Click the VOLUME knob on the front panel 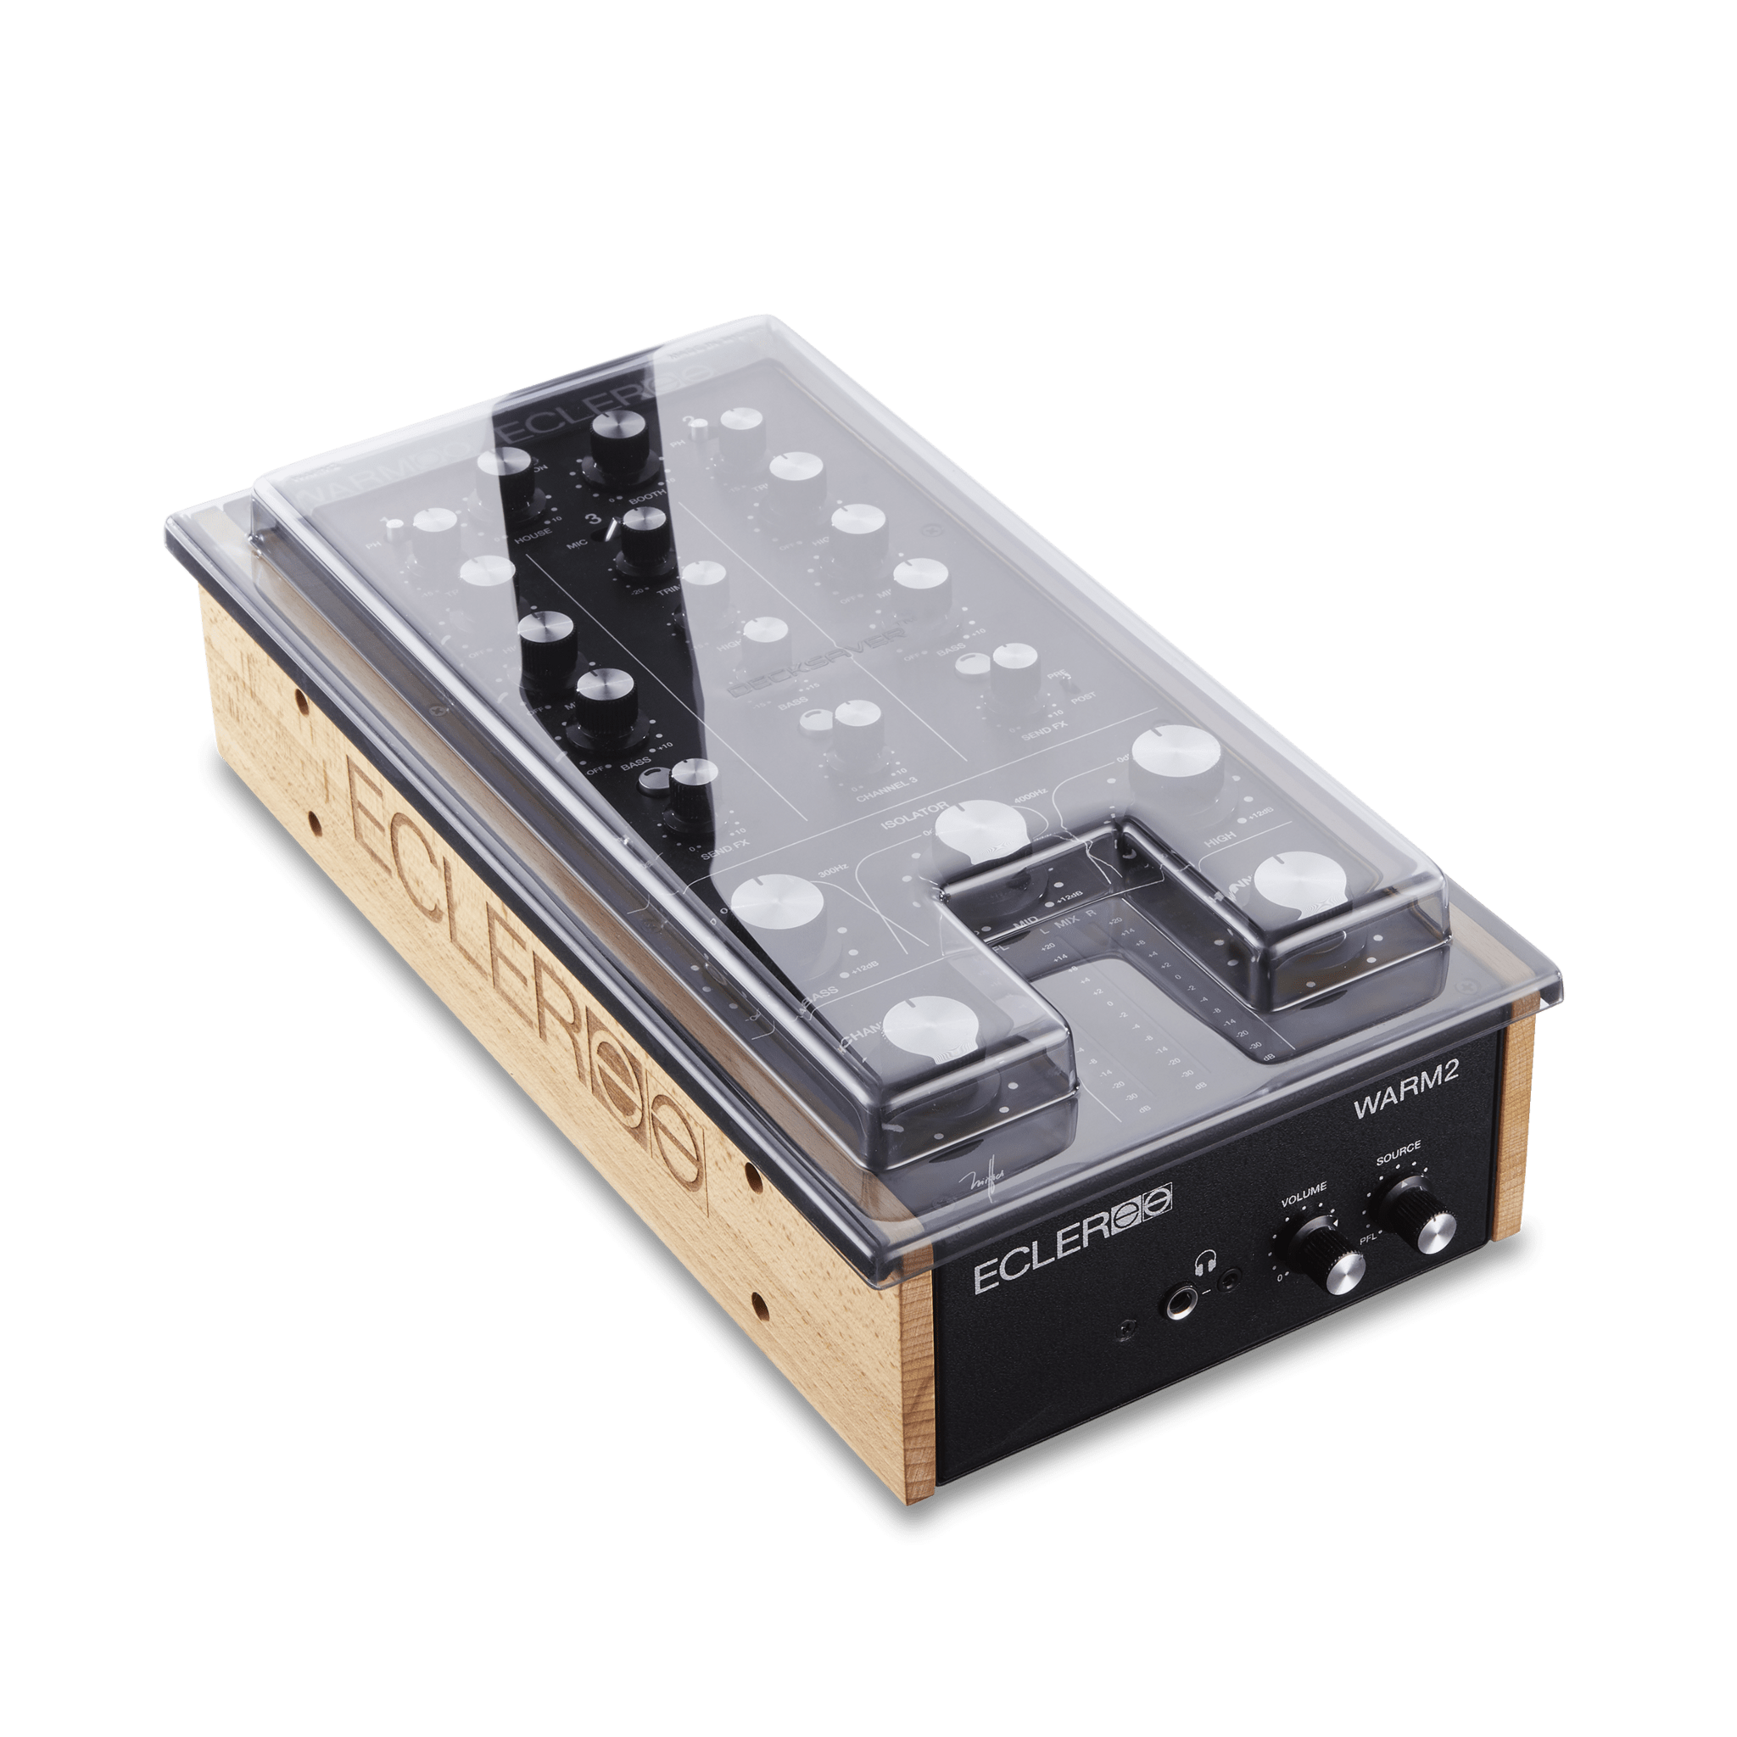click(1326, 1256)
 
